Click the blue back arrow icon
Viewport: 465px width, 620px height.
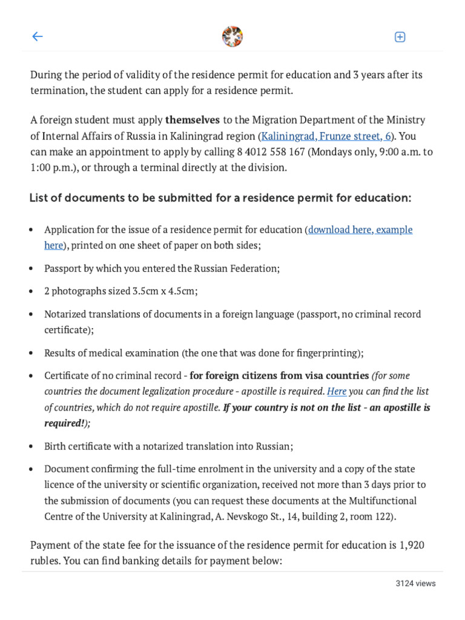point(38,36)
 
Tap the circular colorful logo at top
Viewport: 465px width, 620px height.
point(232,36)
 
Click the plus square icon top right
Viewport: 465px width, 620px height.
point(400,37)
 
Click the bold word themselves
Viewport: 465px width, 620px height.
point(193,120)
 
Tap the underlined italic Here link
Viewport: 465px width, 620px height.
point(337,391)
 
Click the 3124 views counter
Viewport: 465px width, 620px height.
point(415,584)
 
